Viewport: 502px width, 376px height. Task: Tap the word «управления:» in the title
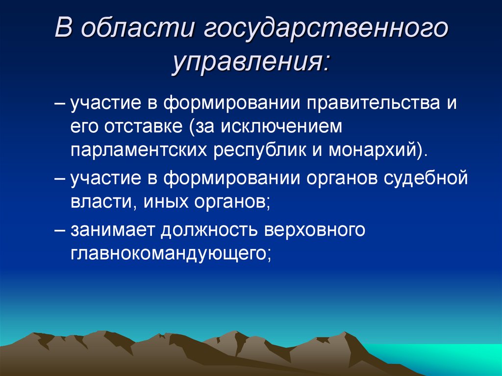point(251,63)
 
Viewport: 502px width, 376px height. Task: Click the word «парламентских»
point(138,150)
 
